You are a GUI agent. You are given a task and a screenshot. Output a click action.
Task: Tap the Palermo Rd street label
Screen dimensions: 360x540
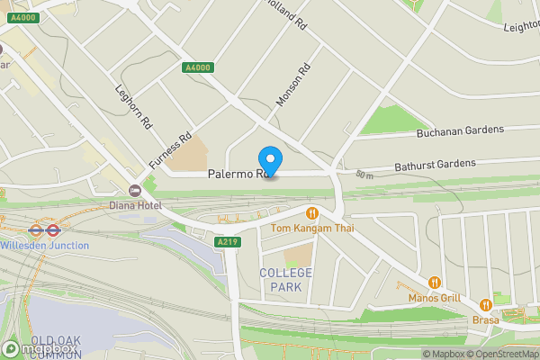[236, 174]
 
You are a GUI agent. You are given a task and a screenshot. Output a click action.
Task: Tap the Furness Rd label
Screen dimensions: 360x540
[171, 150]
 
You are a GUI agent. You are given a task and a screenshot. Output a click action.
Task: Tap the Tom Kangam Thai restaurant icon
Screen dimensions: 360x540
[313, 213]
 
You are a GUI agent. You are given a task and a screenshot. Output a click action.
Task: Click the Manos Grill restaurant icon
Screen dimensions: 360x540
[435, 283]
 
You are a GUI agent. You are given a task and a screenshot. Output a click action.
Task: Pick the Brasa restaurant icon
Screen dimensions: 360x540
[486, 304]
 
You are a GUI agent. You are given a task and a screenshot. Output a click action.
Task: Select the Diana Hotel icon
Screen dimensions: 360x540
[136, 190]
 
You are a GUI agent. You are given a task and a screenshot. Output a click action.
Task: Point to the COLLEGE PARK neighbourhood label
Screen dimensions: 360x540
[286, 279]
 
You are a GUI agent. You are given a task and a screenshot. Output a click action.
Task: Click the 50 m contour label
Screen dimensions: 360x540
[364, 174]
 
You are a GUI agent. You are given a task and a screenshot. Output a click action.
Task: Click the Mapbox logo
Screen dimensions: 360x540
[40, 348]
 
